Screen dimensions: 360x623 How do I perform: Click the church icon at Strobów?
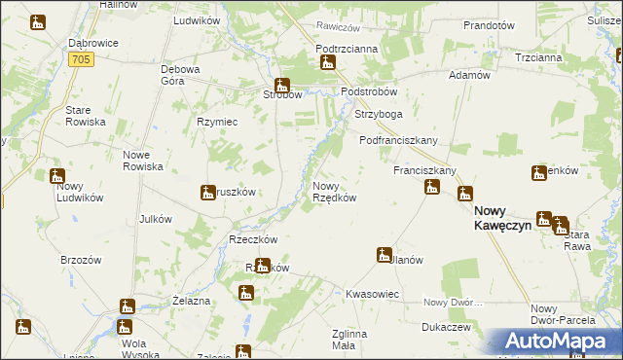click(x=281, y=85)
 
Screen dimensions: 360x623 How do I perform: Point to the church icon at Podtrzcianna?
click(x=328, y=63)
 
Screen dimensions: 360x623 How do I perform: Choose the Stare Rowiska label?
click(x=85, y=117)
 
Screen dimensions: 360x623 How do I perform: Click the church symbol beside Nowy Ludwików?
click(x=56, y=176)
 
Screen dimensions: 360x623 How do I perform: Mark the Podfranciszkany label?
click(x=398, y=140)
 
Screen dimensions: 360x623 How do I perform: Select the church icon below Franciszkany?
click(x=431, y=188)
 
